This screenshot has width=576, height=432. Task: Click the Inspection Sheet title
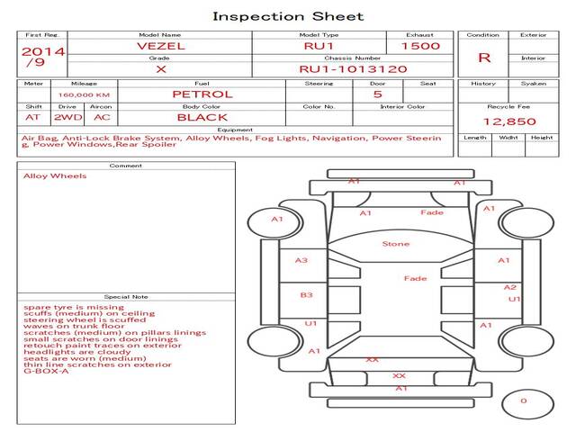(x=288, y=16)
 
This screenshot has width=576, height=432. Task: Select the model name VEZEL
(x=160, y=45)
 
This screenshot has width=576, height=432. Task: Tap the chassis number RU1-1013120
(x=353, y=68)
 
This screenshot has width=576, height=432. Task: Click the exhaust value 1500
(x=420, y=45)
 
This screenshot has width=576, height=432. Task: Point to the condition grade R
(x=484, y=58)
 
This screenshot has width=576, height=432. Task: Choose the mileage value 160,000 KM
(x=84, y=94)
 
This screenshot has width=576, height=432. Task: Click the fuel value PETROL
(x=202, y=94)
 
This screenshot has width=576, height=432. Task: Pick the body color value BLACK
(x=202, y=117)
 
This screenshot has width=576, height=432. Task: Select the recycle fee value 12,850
(x=509, y=121)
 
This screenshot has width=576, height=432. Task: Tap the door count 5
(x=377, y=94)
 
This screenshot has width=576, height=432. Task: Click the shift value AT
(x=33, y=117)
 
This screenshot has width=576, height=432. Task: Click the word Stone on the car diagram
(x=395, y=244)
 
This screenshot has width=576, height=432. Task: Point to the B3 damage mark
(x=306, y=294)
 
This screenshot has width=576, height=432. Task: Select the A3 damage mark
(x=301, y=260)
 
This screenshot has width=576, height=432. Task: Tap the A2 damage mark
(x=509, y=287)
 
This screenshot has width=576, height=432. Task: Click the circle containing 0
(x=523, y=401)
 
